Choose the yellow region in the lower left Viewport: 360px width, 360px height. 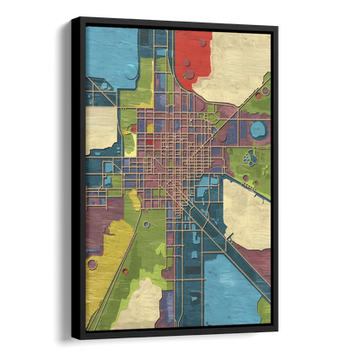pos(108,260)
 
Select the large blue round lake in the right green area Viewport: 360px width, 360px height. pos(257,131)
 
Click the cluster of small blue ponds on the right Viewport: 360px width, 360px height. pos(251,158)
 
